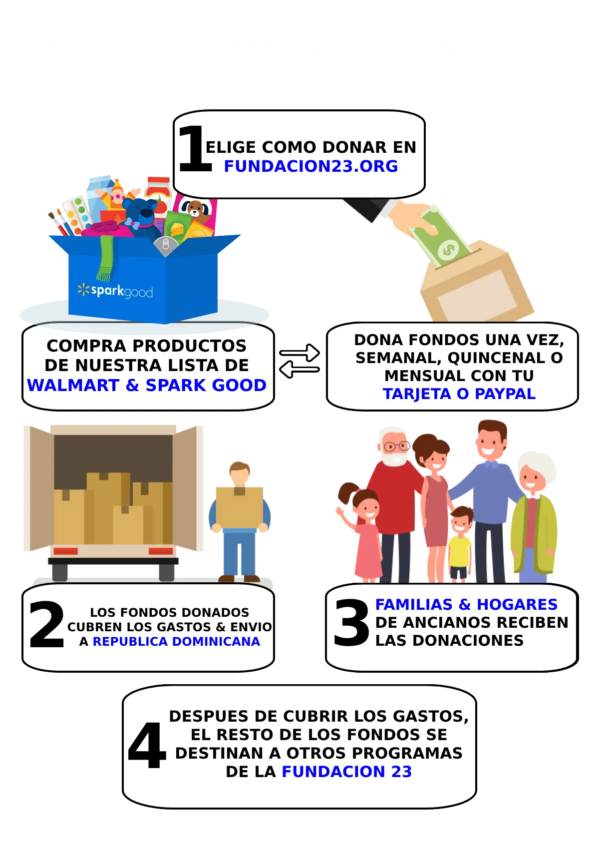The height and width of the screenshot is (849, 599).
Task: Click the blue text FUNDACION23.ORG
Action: [310, 166]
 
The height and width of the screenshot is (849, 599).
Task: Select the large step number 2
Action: [46, 624]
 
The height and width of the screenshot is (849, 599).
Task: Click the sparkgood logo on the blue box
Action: [115, 291]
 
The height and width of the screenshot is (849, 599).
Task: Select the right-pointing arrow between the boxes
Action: [299, 353]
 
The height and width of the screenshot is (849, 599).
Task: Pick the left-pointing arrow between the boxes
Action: [299, 369]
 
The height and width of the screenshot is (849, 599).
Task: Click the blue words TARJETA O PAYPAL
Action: [459, 394]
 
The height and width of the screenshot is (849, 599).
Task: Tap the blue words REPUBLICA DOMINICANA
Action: [177, 641]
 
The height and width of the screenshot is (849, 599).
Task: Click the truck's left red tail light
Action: [65, 551]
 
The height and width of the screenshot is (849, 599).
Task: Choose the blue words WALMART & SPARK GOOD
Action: [147, 385]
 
